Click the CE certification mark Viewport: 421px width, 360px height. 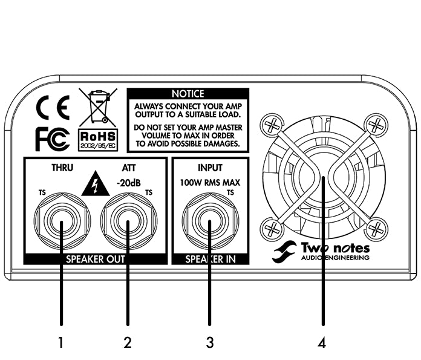(x=53, y=109)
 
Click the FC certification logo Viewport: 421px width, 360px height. (x=52, y=140)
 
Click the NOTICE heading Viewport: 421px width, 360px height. (x=188, y=94)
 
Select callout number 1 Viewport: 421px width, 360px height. (x=61, y=342)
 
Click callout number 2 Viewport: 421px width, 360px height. (x=128, y=342)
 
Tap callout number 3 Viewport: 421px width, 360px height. (x=209, y=342)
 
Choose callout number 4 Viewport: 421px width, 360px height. (x=322, y=342)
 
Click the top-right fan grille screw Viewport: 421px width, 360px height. (x=376, y=126)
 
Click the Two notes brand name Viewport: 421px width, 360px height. (x=335, y=248)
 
